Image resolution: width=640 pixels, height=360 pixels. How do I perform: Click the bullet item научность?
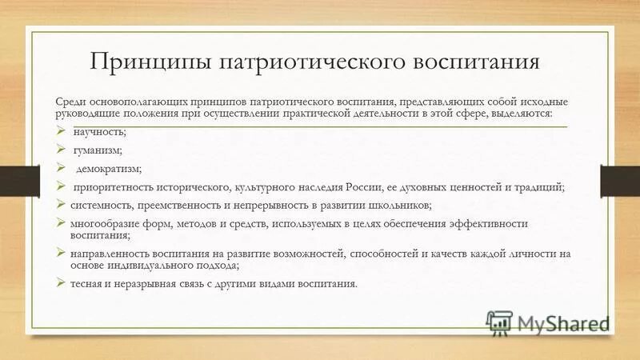99,132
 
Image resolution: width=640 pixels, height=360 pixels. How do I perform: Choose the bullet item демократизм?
109,168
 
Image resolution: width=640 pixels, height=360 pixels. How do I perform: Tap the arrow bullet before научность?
62,131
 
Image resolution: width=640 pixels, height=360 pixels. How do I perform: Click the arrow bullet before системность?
62,204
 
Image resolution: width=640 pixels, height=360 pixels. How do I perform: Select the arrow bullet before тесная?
62,282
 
